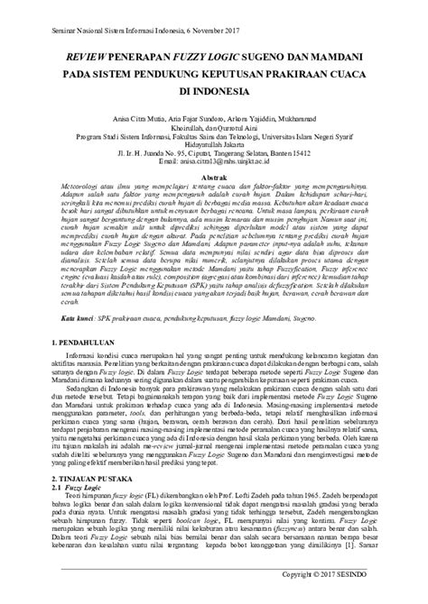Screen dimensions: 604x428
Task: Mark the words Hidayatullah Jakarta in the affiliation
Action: (x=213, y=142)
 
